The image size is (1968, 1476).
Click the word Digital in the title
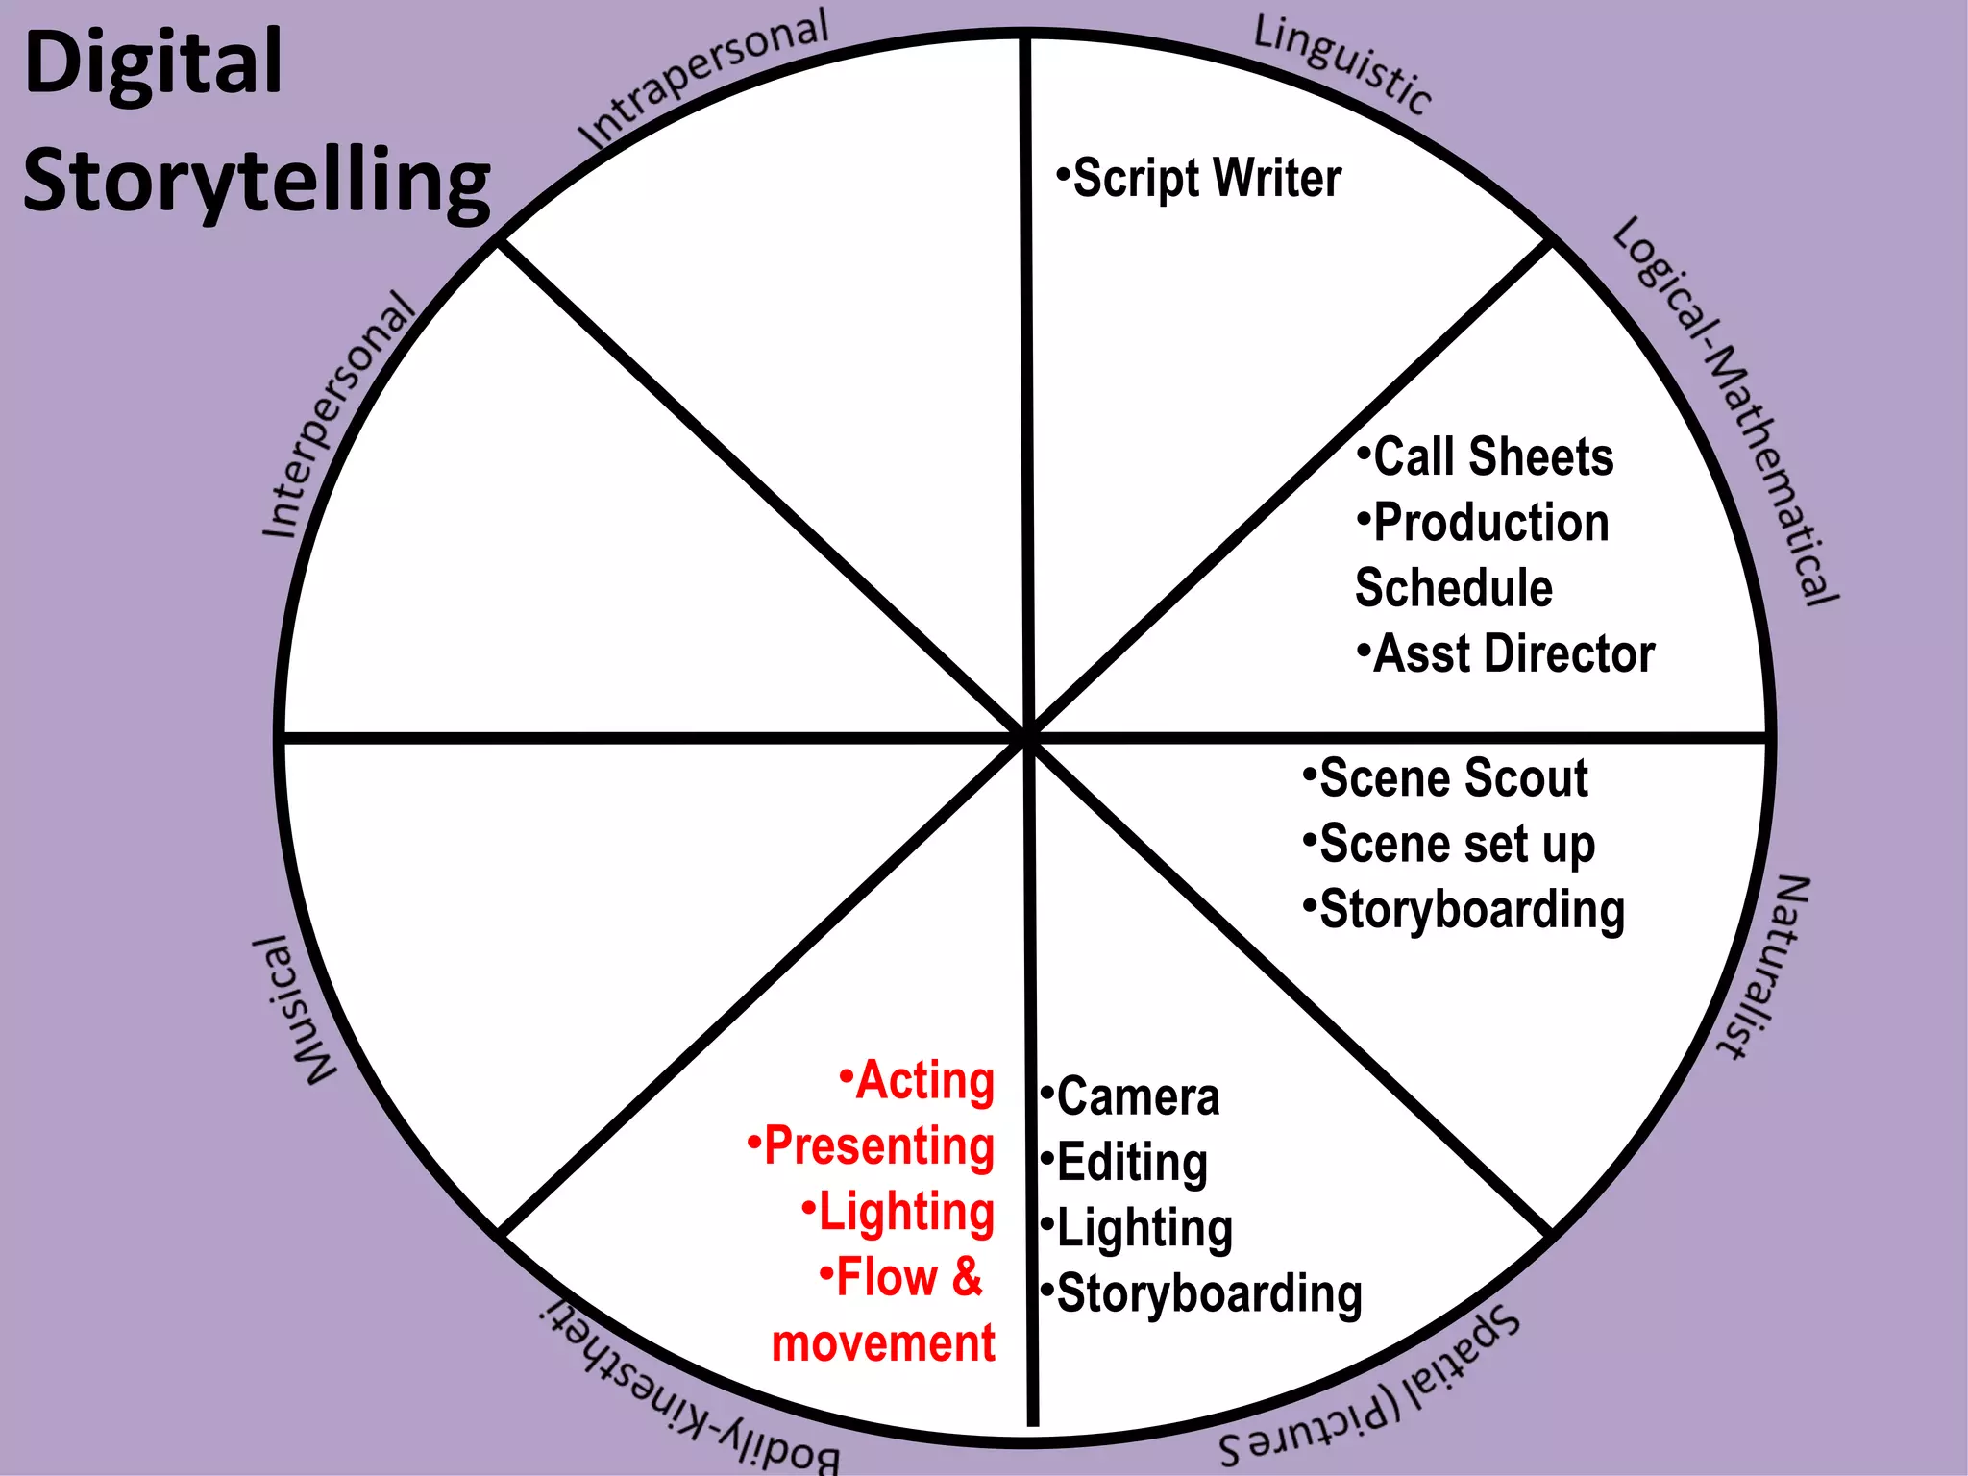(x=154, y=63)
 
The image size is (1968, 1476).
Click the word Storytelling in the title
(x=257, y=183)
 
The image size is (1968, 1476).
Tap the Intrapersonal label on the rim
(x=703, y=79)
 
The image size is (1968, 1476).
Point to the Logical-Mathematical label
(x=1725, y=411)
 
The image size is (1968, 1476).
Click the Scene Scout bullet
(x=1445, y=777)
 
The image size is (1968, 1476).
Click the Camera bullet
(x=1131, y=1096)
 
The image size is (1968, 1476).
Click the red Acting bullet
(x=917, y=1080)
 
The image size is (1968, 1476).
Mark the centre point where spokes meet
(x=1028, y=737)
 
